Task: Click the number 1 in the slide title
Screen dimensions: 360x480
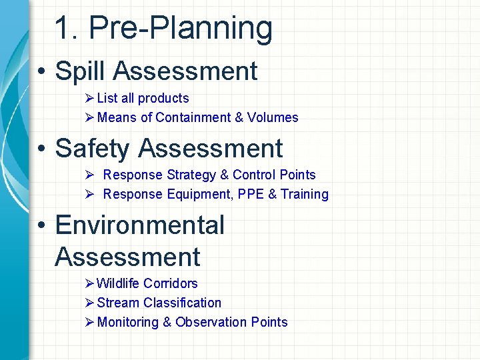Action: pyautogui.click(x=63, y=29)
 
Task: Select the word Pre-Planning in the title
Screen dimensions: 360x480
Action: pyautogui.click(x=181, y=29)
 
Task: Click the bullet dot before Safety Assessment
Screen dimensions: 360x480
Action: pyautogui.click(x=41, y=149)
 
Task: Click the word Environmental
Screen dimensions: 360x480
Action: pyautogui.click(x=140, y=225)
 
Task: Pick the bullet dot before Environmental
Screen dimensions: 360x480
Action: pyautogui.click(x=41, y=226)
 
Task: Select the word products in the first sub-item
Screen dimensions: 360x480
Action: pyautogui.click(x=163, y=98)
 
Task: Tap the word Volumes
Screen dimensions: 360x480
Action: pyautogui.click(x=273, y=117)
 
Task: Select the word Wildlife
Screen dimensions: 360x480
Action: pyautogui.click(x=118, y=283)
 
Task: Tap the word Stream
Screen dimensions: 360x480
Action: pyautogui.click(x=118, y=303)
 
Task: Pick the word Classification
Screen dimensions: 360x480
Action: pyautogui.click(x=182, y=303)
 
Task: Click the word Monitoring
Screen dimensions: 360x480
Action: pyautogui.click(x=133, y=323)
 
